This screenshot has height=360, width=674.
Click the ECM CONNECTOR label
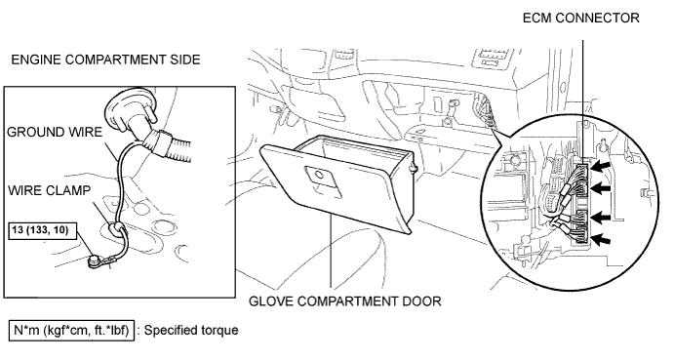[580, 18]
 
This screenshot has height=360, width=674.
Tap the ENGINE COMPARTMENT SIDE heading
[105, 60]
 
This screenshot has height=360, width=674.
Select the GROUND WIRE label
[55, 132]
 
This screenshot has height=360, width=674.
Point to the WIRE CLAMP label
[50, 190]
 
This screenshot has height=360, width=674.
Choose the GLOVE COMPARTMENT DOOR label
[345, 301]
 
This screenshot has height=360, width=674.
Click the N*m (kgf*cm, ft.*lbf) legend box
[71, 331]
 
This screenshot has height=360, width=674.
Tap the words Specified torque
[191, 331]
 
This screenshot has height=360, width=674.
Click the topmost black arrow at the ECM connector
[601, 166]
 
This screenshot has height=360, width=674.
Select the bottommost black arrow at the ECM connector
[601, 240]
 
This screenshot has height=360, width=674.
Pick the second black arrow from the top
[601, 187]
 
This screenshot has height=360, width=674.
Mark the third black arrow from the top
[601, 218]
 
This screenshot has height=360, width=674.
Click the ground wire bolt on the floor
[94, 261]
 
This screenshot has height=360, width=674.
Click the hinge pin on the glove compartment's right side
[415, 169]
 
